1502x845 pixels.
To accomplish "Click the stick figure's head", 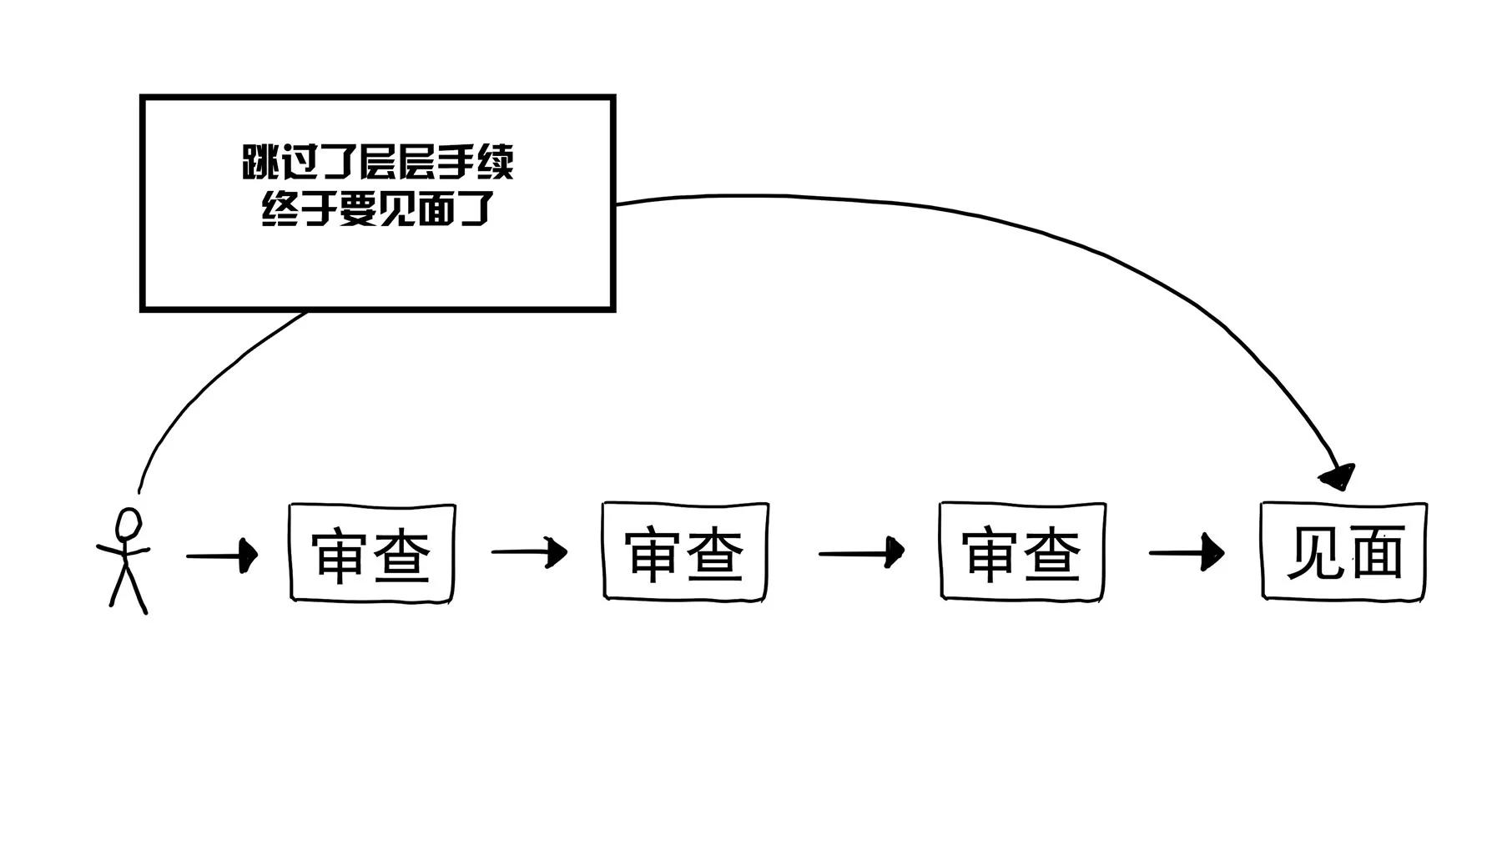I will click(129, 526).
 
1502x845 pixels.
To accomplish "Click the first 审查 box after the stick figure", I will click(372, 551).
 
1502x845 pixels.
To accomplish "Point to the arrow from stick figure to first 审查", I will click(221, 555).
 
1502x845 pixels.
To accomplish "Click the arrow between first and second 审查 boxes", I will click(529, 551).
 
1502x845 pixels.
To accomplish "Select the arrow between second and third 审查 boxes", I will click(860, 551).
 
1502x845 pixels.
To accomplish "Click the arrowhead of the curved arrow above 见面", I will click(1340, 477).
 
